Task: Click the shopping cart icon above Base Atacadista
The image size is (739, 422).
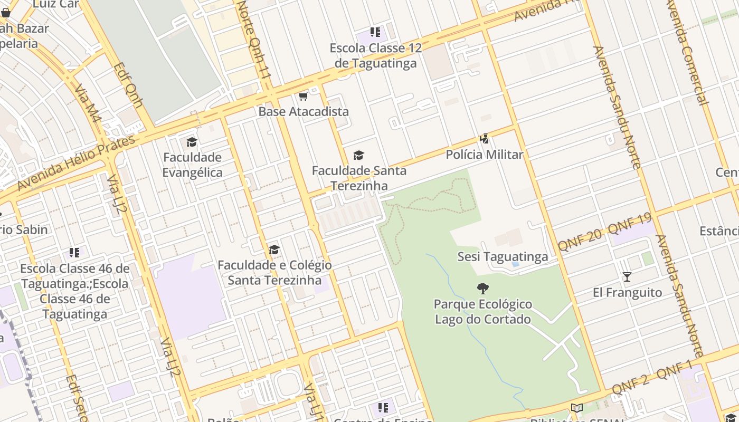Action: pyautogui.click(x=303, y=96)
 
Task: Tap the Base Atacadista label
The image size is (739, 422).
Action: pyautogui.click(x=304, y=112)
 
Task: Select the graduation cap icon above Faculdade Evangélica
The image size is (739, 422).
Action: pyautogui.click(x=192, y=142)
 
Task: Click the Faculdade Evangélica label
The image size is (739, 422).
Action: pyautogui.click(x=192, y=165)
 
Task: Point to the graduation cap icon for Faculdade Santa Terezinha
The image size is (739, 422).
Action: pyautogui.click(x=359, y=155)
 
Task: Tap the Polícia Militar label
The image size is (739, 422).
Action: pyautogui.click(x=484, y=155)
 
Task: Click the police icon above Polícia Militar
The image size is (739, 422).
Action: pyautogui.click(x=484, y=139)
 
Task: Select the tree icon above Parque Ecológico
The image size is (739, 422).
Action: pyautogui.click(x=482, y=288)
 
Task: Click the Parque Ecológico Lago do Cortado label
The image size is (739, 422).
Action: pyautogui.click(x=482, y=312)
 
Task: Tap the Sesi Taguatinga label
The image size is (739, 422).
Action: pyautogui.click(x=503, y=257)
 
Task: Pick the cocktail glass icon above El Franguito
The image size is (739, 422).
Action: pyautogui.click(x=627, y=276)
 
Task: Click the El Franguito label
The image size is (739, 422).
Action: pyautogui.click(x=627, y=292)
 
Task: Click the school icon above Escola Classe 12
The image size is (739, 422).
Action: pyautogui.click(x=375, y=32)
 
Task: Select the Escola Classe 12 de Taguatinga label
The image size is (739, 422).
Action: pyautogui.click(x=376, y=55)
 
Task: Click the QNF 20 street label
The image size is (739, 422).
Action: pyautogui.click(x=580, y=240)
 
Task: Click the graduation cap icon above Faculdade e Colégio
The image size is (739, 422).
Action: pyautogui.click(x=274, y=250)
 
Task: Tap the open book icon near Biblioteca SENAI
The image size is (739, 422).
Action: pyautogui.click(x=577, y=408)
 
